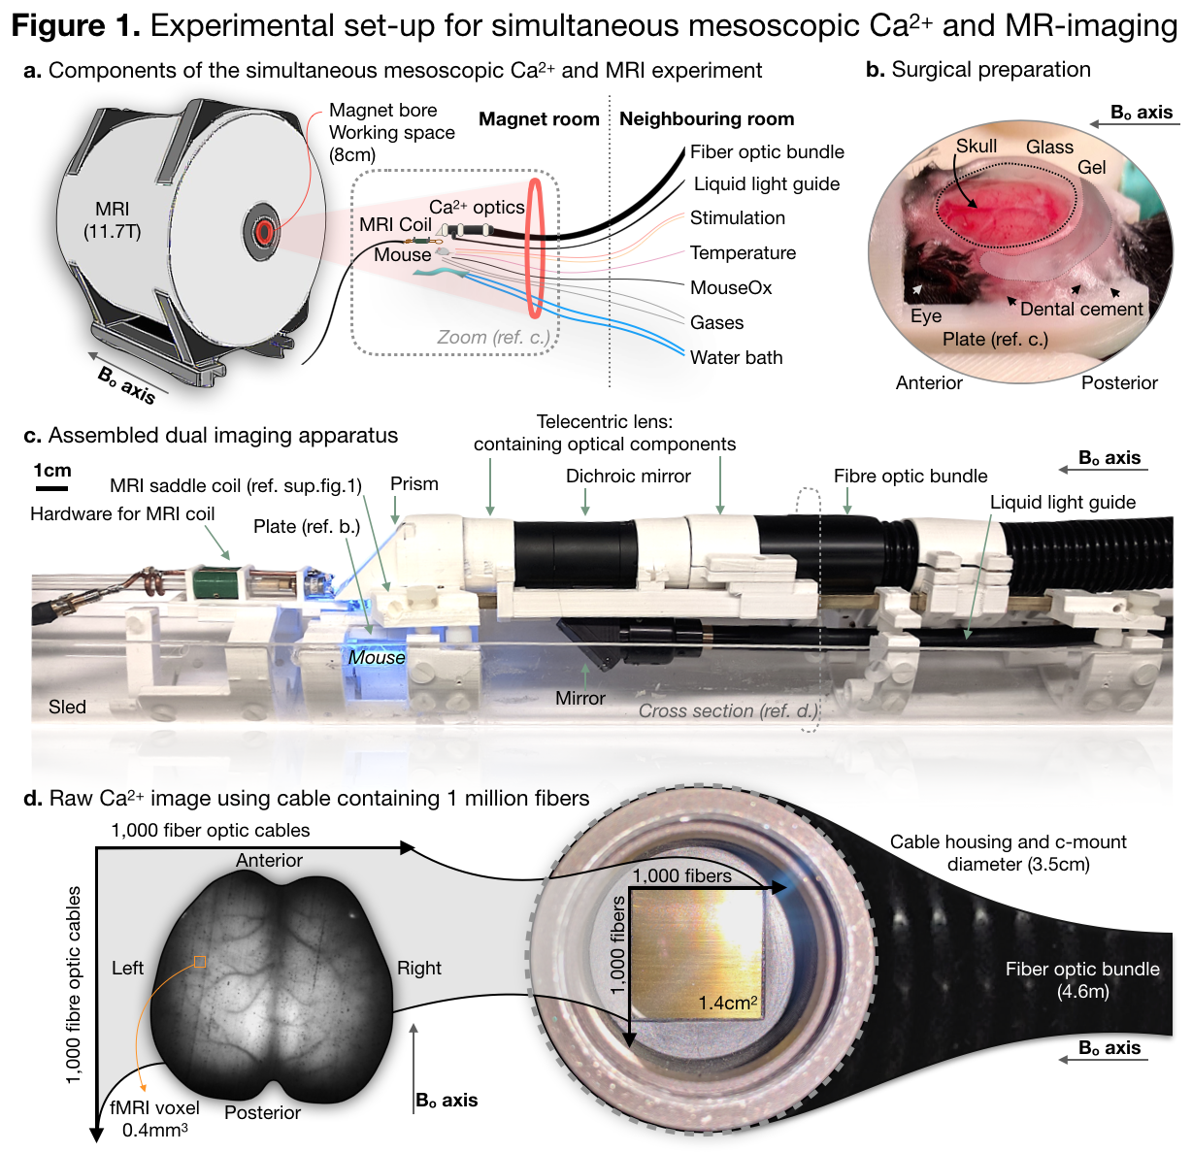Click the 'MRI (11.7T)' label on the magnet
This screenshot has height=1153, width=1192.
coord(113,220)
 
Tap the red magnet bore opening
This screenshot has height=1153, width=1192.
coord(262,231)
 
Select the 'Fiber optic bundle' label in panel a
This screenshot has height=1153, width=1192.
coord(767,152)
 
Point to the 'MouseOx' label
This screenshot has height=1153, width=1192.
coord(731,288)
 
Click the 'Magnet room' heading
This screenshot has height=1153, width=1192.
coord(539,119)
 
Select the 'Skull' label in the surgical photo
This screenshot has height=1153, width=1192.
coord(977,146)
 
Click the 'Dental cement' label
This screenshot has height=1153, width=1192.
coord(1081,310)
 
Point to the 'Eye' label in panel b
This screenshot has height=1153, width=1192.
coord(926,316)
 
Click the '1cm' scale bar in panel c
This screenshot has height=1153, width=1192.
coord(51,487)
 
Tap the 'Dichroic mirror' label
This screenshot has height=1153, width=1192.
coord(628,477)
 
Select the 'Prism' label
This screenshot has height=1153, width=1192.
coord(414,484)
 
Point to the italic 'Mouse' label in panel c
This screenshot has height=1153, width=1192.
coord(377,658)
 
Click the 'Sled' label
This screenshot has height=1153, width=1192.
coord(67,708)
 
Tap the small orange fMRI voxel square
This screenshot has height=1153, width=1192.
coord(200,962)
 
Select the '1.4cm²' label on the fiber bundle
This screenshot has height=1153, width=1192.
coord(728,1004)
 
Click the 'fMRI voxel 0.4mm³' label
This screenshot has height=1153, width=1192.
coord(155,1119)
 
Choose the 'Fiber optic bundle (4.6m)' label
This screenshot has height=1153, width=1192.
coord(1082,980)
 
